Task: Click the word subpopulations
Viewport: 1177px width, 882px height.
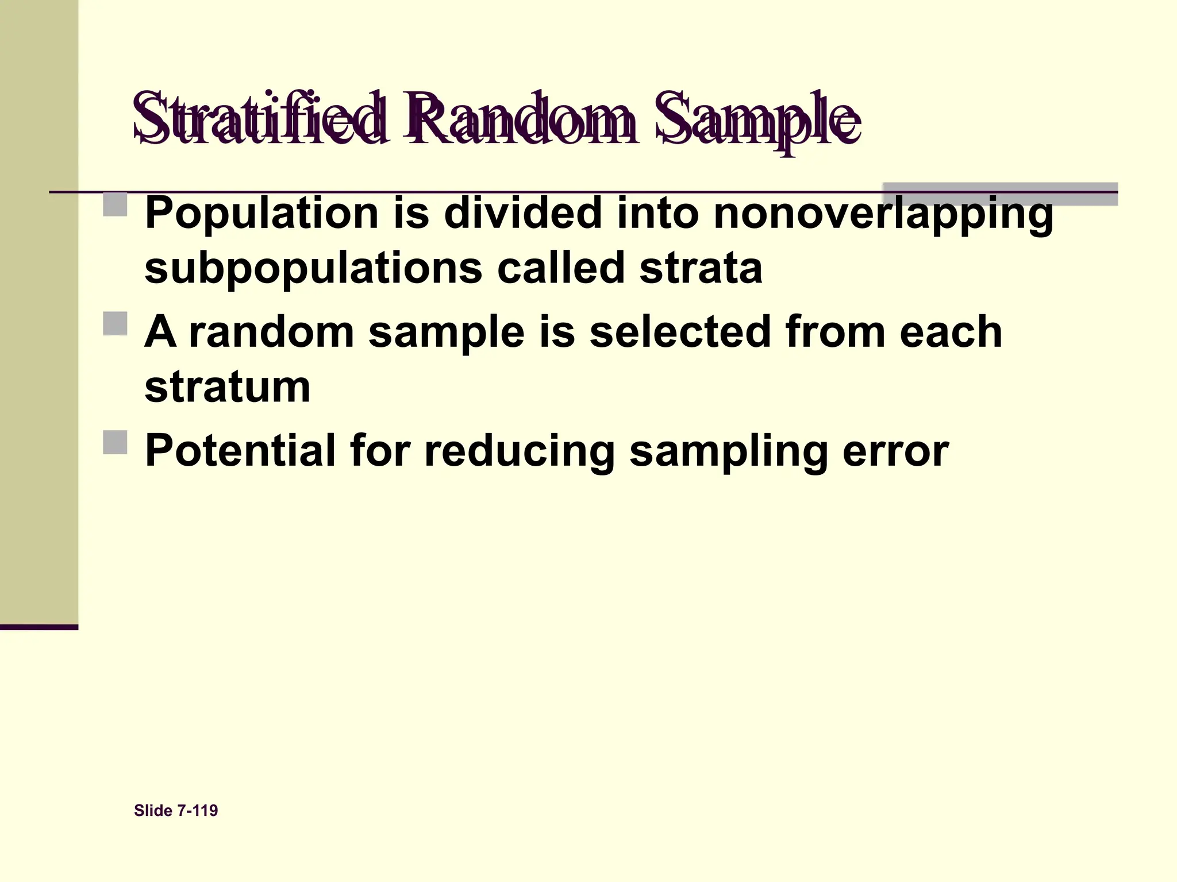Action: pyautogui.click(x=313, y=269)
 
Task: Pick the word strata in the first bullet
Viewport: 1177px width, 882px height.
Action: pyautogui.click(x=701, y=269)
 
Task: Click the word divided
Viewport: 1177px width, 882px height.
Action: pyautogui.click(x=523, y=212)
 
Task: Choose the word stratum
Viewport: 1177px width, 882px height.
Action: pyautogui.click(x=228, y=387)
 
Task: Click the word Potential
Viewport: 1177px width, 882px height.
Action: pyautogui.click(x=240, y=451)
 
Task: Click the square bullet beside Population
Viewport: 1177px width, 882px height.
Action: pyautogui.click(x=116, y=204)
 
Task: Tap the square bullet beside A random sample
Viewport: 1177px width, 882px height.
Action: pyautogui.click(x=116, y=324)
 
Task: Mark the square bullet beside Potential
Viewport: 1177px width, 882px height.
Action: pyautogui.click(x=116, y=443)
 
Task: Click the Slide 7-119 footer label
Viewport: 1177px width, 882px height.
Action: pyautogui.click(x=176, y=811)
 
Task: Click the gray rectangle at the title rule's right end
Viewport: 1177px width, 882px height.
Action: pyautogui.click(x=1000, y=194)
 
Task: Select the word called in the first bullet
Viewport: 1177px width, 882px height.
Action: pyautogui.click(x=560, y=269)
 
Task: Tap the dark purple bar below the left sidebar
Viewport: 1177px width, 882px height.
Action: pyautogui.click(x=39, y=627)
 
